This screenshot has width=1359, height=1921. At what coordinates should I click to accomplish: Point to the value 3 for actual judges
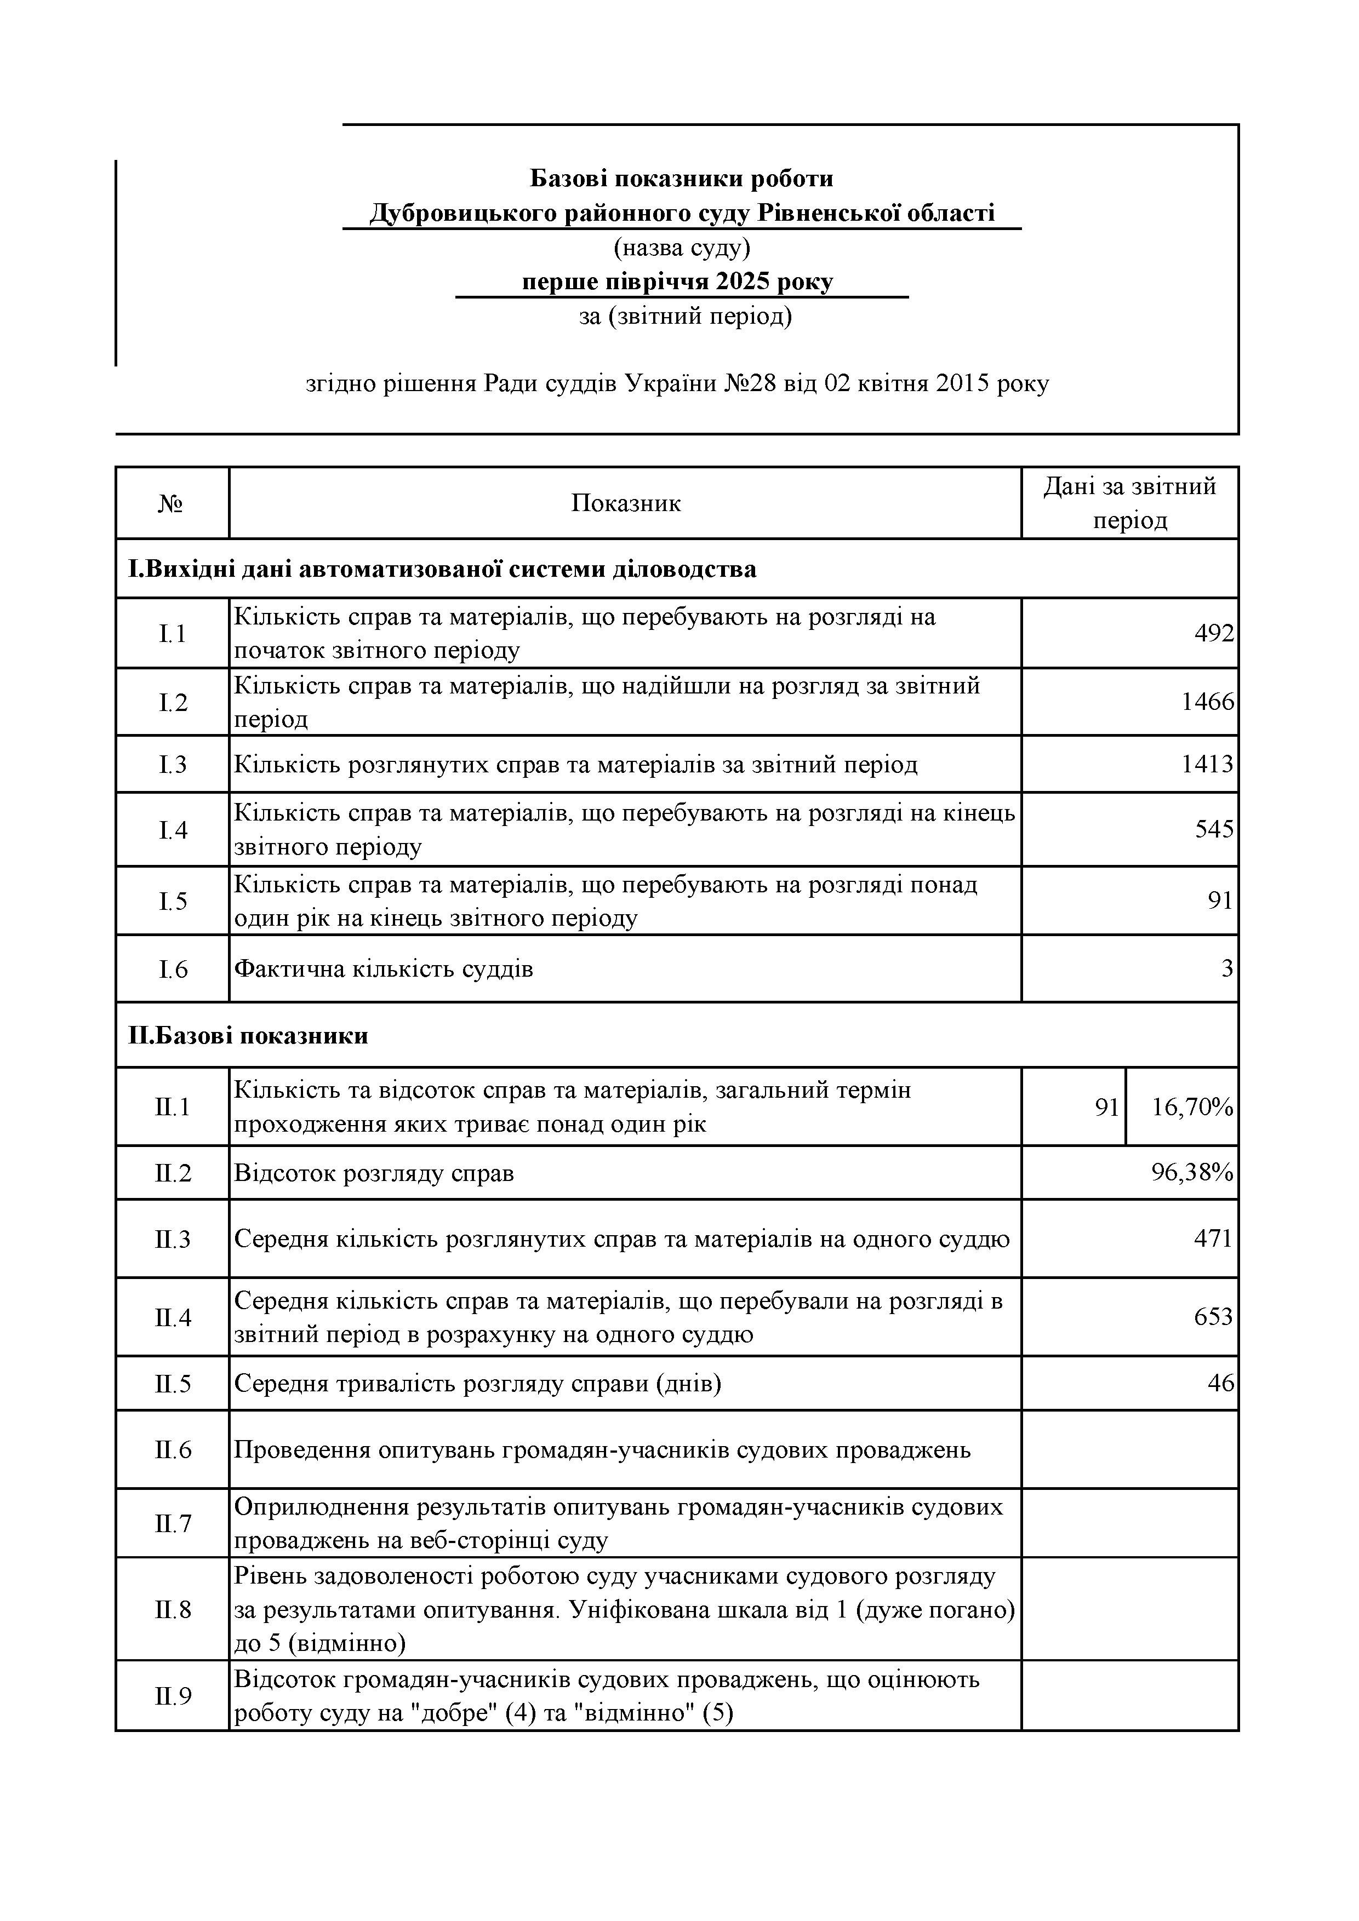point(1227,969)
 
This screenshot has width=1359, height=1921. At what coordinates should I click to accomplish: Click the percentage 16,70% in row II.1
point(1192,1107)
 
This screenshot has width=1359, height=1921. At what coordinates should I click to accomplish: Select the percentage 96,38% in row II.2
point(1192,1172)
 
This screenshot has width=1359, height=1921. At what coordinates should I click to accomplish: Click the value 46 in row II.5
point(1220,1383)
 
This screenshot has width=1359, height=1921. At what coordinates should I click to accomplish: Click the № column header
point(171,504)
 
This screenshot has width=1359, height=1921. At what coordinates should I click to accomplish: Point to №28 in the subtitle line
point(750,384)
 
